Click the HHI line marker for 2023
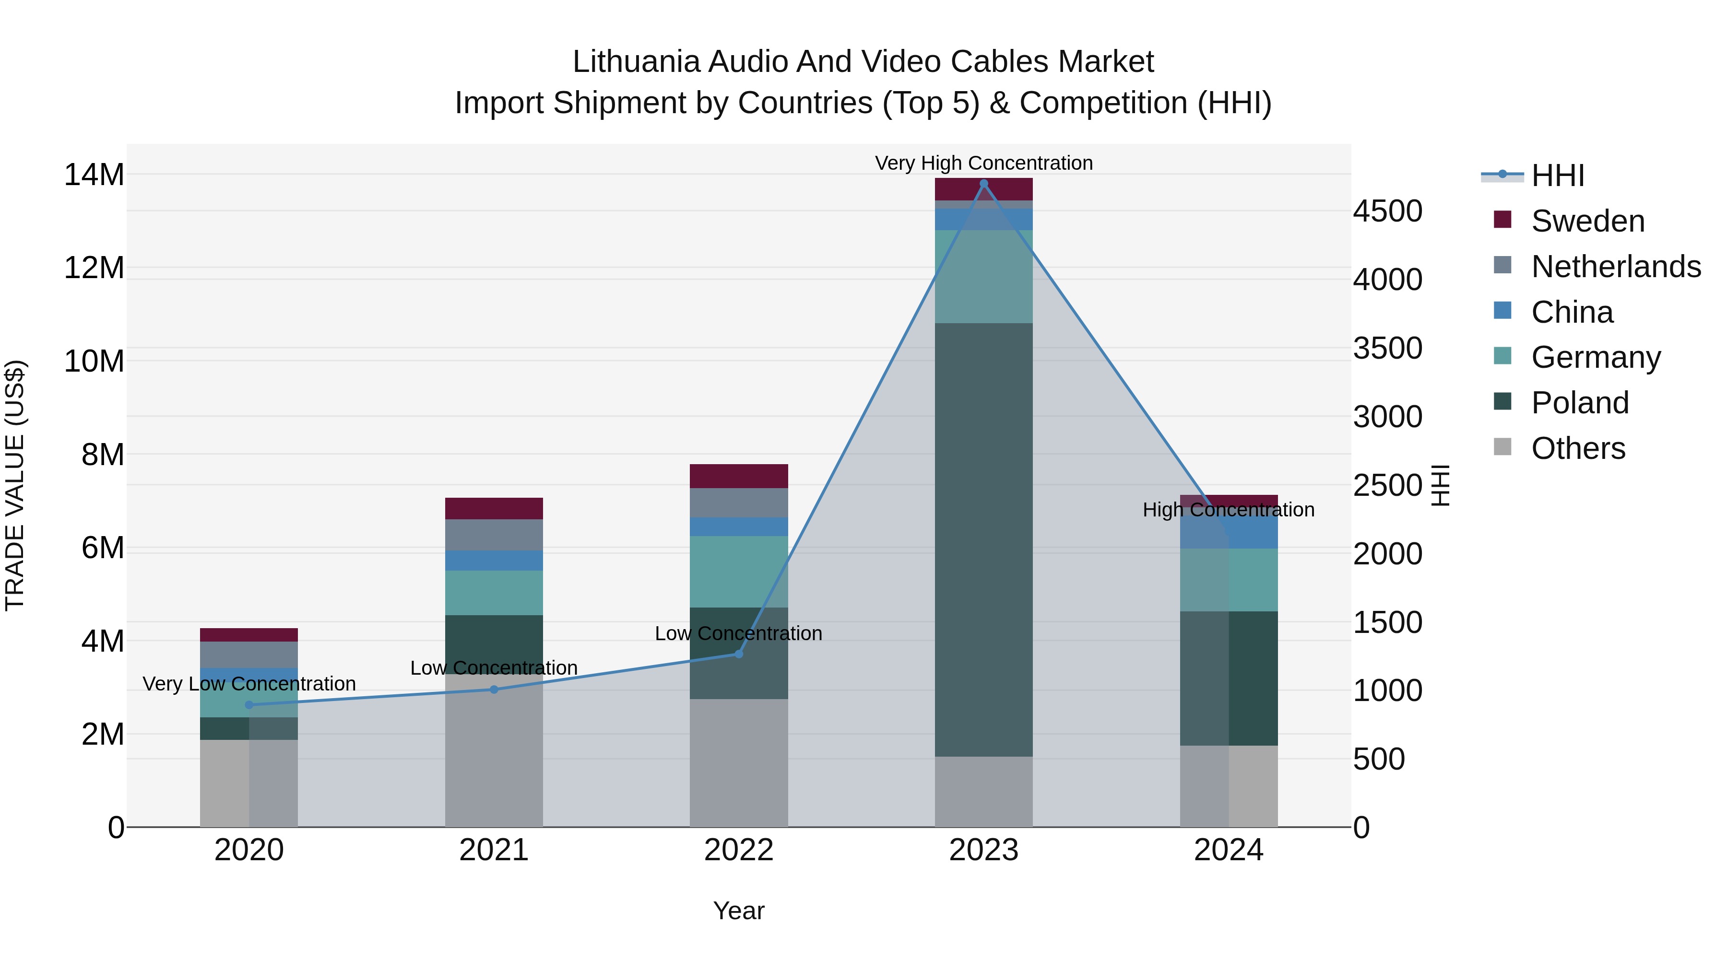[x=983, y=184]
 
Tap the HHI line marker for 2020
[x=249, y=704]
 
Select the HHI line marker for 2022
[x=739, y=654]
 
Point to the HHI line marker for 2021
[x=494, y=689]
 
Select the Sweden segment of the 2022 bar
[x=739, y=476]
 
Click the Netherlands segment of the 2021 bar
[x=494, y=535]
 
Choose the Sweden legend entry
[x=1587, y=221]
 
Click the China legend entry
[x=1572, y=312]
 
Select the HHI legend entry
[x=1557, y=175]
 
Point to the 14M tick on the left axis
[x=94, y=175]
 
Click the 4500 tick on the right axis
[x=1387, y=211]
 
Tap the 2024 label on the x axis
[x=1228, y=850]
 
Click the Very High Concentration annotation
[x=983, y=163]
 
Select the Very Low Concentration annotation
[x=249, y=683]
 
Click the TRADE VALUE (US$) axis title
[x=15, y=485]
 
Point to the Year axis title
[x=739, y=911]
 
